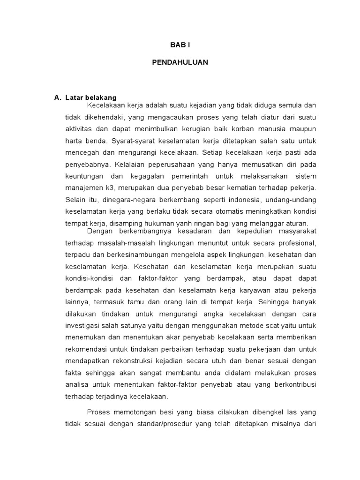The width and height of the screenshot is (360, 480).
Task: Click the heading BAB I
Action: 180,45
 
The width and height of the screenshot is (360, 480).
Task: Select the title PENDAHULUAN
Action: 180,62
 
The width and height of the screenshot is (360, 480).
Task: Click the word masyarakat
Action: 294,232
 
